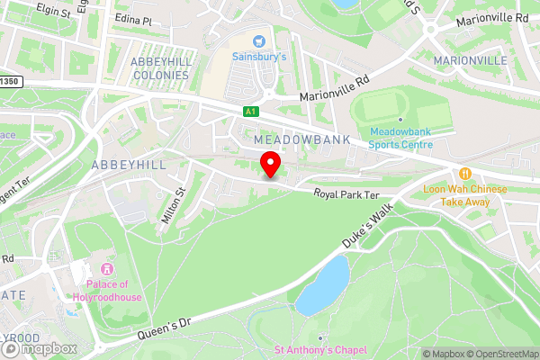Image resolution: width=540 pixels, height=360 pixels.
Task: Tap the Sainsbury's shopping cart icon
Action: click(260, 40)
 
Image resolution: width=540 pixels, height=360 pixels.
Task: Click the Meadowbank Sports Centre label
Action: click(400, 139)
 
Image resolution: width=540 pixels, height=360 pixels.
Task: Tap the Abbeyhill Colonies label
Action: click(160, 67)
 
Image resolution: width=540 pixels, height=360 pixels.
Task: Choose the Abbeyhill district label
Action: click(128, 165)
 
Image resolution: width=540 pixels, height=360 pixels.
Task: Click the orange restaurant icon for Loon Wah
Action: click(465, 174)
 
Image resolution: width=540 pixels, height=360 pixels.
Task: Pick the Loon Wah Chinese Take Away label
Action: click(465, 196)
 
